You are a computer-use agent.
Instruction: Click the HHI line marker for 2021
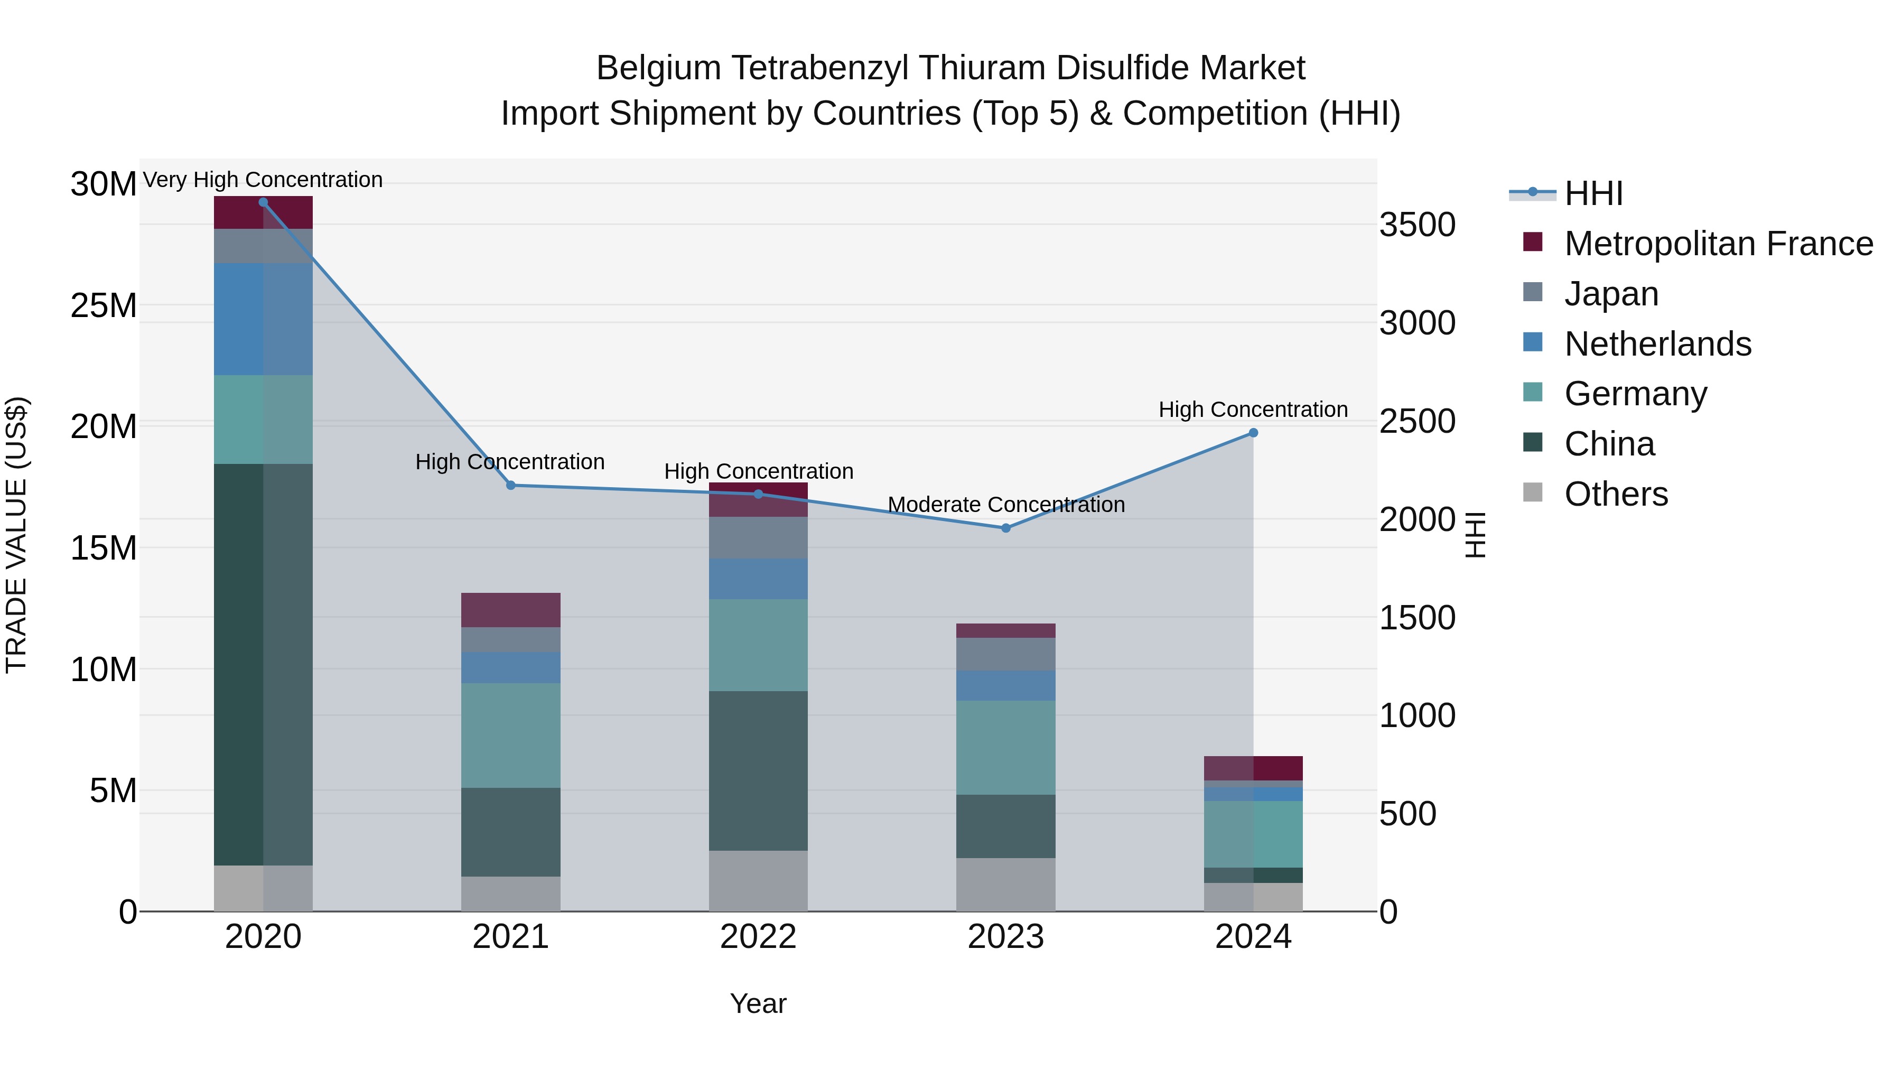(x=510, y=485)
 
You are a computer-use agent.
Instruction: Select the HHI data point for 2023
(x=1005, y=528)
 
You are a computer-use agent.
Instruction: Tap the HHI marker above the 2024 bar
(x=1253, y=433)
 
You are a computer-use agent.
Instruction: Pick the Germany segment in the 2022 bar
(x=758, y=645)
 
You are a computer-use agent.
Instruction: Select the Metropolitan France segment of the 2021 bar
(x=510, y=609)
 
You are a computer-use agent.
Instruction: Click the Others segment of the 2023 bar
(x=1005, y=884)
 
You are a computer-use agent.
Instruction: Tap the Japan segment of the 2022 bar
(x=758, y=537)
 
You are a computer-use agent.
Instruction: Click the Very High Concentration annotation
(x=263, y=180)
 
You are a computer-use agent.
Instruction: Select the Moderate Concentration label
(x=1005, y=505)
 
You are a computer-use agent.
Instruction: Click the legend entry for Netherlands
(x=1657, y=343)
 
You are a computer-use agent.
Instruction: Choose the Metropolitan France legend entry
(x=1718, y=243)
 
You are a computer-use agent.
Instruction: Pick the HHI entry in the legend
(x=1593, y=193)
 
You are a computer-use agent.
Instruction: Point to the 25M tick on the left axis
(x=104, y=305)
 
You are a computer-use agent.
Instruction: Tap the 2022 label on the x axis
(x=758, y=937)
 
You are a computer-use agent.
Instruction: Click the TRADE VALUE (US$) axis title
(x=16, y=535)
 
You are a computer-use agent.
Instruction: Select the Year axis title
(x=758, y=1003)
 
